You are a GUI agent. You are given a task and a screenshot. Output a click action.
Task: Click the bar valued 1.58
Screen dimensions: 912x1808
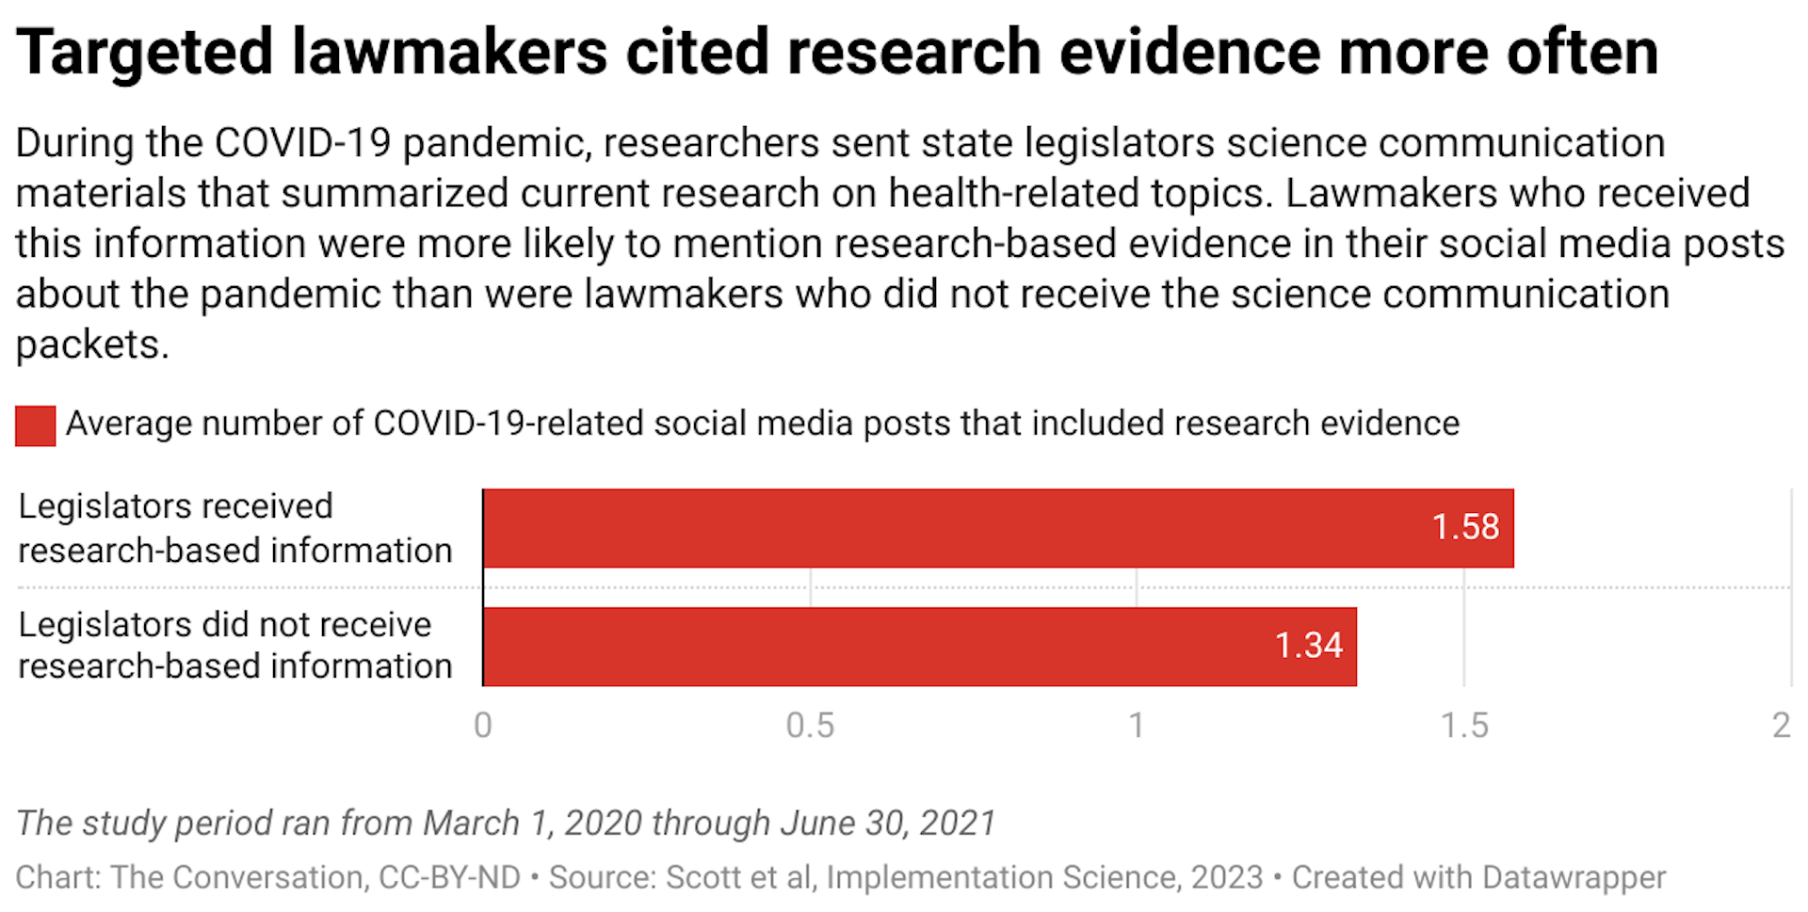point(942,528)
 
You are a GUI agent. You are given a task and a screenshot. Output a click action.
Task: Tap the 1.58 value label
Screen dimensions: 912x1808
point(1465,527)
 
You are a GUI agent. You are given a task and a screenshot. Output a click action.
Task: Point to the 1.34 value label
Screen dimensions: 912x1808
point(1308,646)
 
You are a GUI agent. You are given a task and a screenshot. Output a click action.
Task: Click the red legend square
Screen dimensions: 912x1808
point(36,425)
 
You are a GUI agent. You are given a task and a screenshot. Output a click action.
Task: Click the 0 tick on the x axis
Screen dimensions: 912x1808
point(483,726)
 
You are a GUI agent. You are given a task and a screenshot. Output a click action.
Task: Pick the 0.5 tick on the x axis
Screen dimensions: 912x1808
point(810,726)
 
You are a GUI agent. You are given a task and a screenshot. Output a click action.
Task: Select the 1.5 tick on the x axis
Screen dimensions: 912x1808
point(1464,726)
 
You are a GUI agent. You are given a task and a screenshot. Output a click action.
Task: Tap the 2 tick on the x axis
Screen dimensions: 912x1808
point(1781,726)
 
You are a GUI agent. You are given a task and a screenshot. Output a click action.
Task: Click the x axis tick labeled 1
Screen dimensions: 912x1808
point(1137,726)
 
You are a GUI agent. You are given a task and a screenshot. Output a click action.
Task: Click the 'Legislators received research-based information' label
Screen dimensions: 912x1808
point(235,528)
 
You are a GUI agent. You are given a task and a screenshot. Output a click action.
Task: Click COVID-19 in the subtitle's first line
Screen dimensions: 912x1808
point(302,143)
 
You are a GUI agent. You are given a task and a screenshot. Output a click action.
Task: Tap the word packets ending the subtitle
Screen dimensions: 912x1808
point(90,344)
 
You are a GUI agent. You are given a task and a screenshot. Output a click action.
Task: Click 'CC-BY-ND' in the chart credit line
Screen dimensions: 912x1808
point(449,877)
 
